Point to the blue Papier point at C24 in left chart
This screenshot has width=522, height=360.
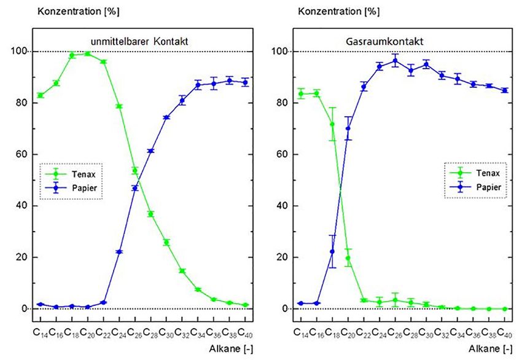119,252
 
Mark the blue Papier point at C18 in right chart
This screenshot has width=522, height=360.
332,251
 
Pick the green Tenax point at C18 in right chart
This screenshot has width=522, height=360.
332,124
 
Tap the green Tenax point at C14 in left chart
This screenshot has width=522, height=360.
40,95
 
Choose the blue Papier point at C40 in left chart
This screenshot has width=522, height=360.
245,82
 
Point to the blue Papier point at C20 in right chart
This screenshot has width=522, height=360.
348,128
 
